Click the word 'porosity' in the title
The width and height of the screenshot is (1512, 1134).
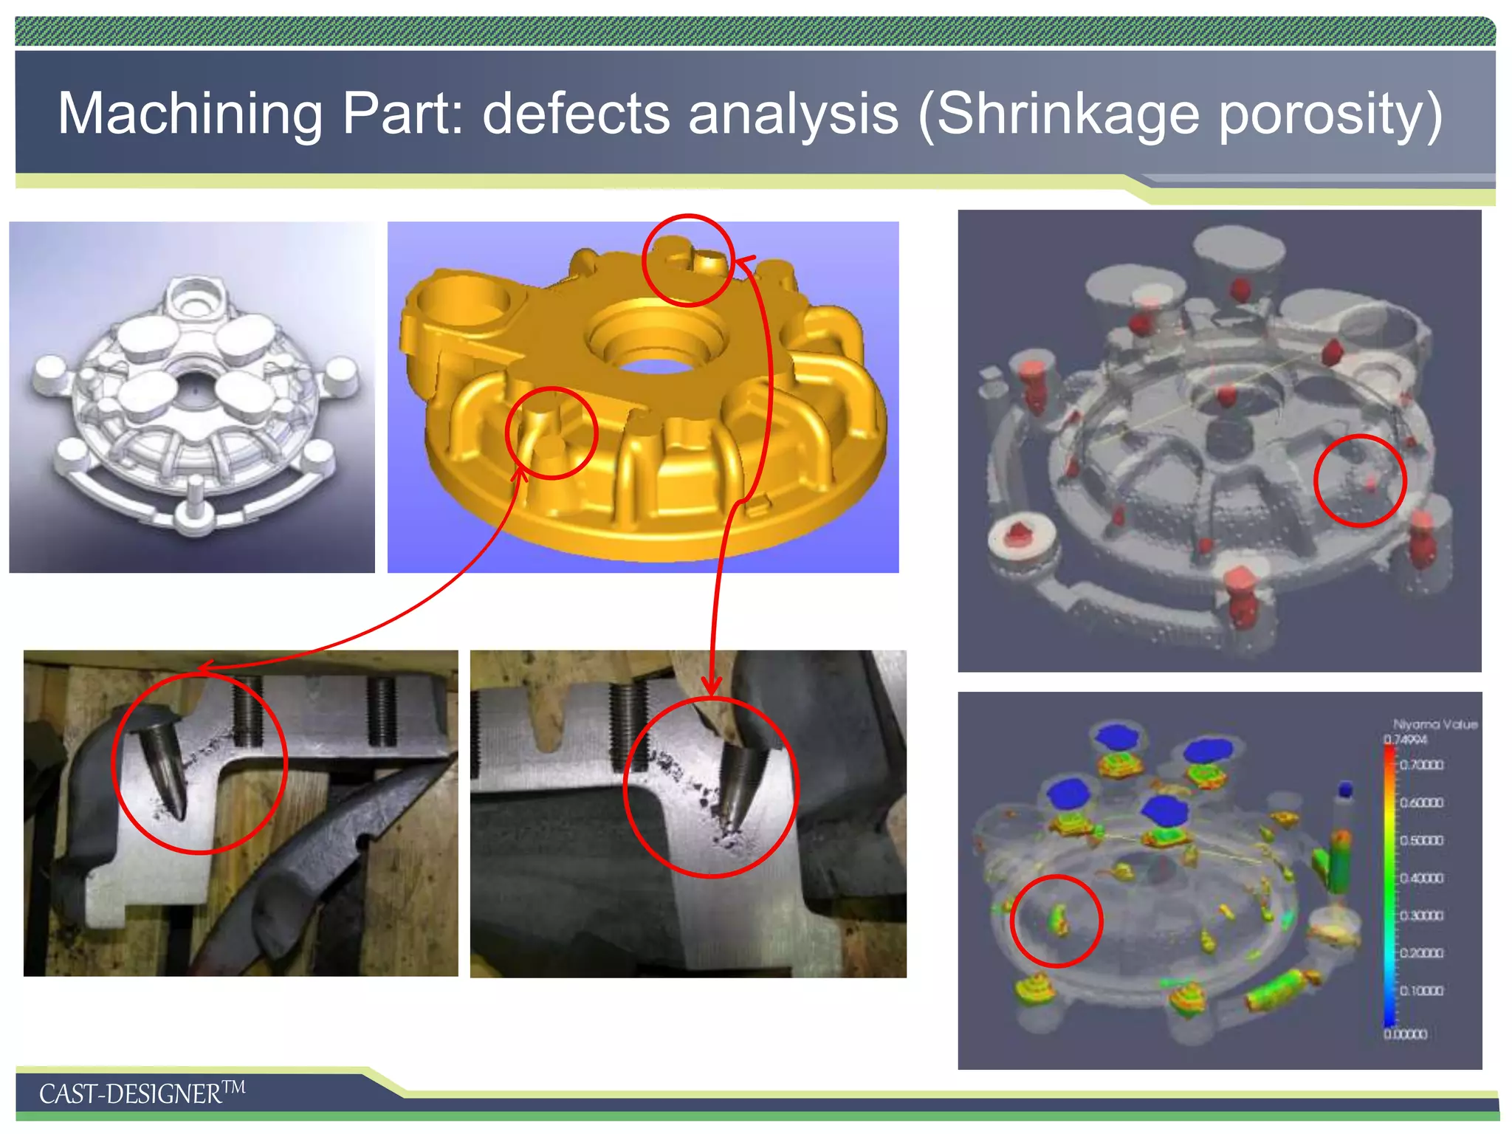point(1330,114)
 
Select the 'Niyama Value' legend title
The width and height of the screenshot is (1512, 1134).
point(1434,724)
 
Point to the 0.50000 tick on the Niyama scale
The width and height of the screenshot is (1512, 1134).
point(1421,840)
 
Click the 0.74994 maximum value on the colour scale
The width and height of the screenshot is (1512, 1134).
point(1405,739)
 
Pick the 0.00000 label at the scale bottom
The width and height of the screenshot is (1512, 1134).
point(1405,1034)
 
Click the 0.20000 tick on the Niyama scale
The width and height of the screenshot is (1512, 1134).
point(1421,953)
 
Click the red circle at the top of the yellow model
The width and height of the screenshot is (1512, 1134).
point(688,260)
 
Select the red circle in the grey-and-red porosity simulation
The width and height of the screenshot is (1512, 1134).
point(1360,481)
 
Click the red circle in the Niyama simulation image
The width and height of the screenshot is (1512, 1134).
point(1056,921)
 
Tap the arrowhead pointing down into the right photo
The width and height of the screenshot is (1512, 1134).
point(712,687)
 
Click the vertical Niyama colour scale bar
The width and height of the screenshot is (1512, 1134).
point(1389,886)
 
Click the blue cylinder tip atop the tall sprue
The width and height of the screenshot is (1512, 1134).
point(1344,790)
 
